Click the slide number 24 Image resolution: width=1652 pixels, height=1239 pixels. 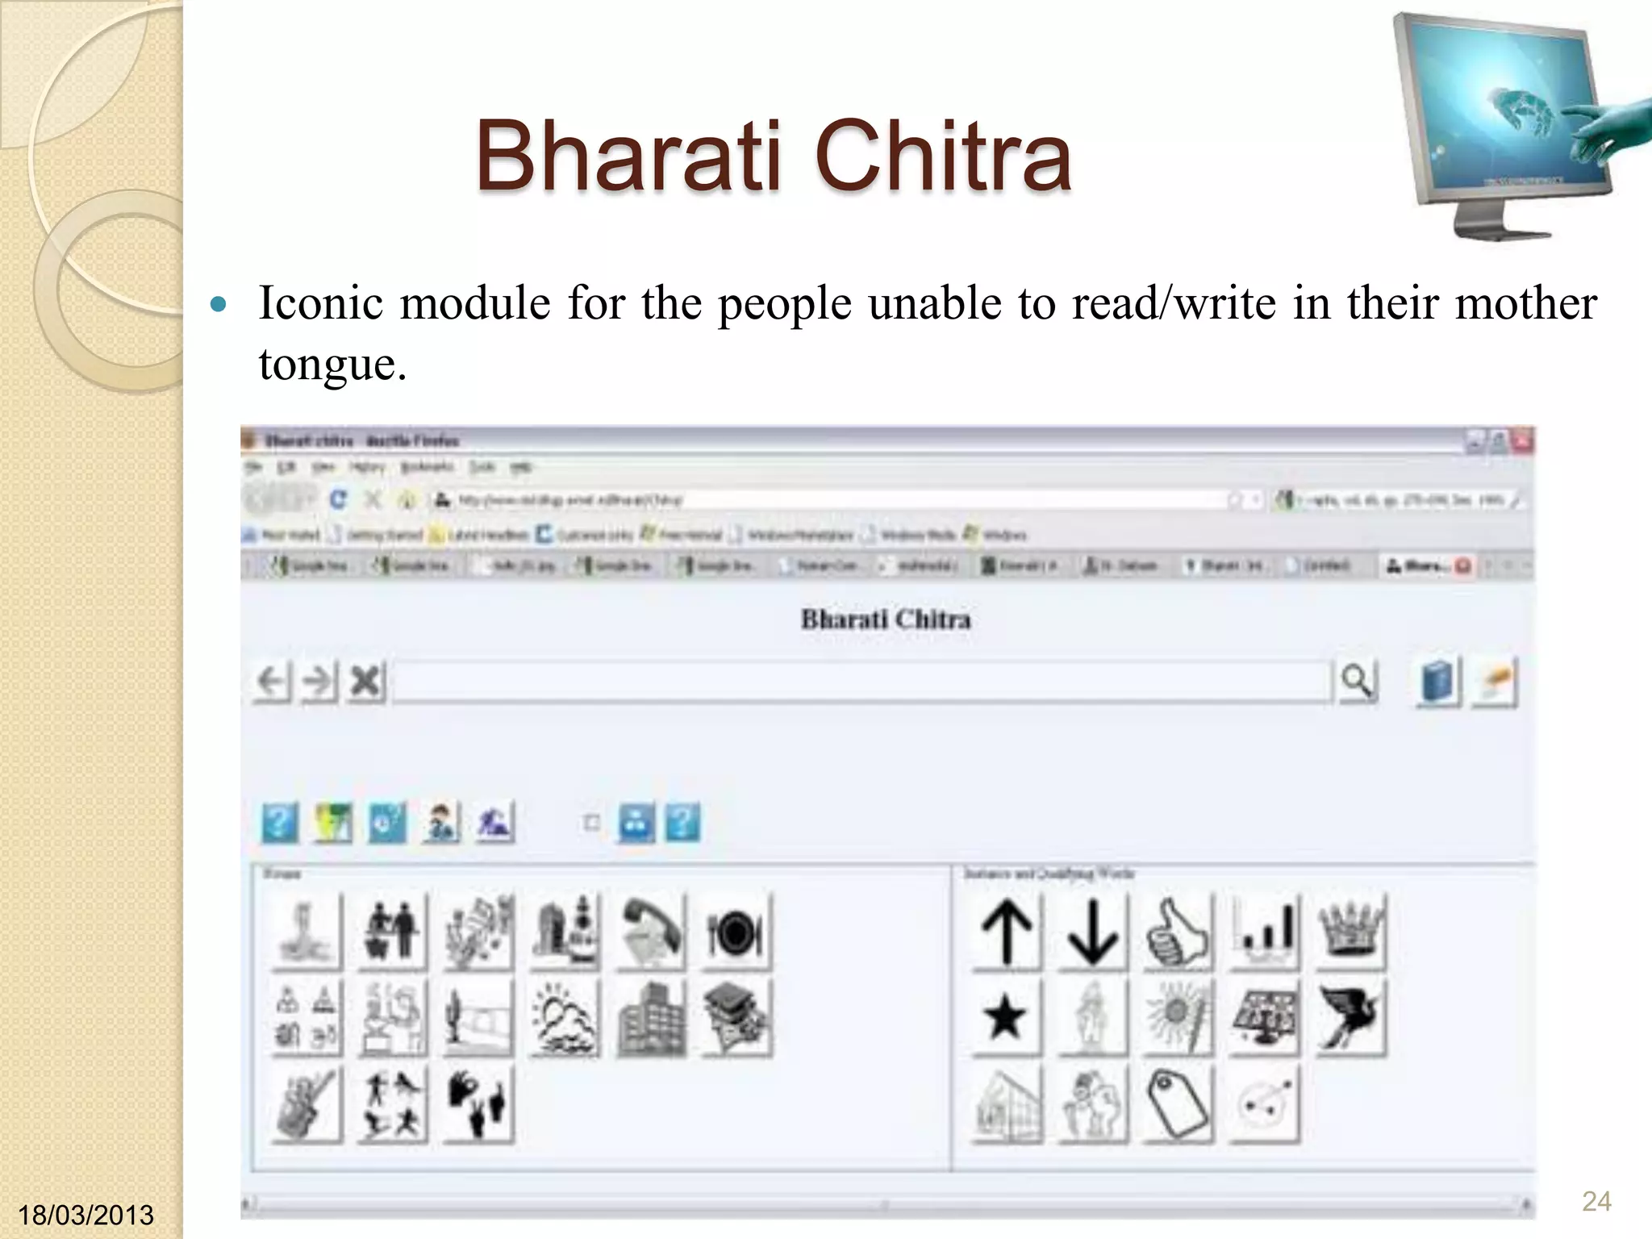1596,1201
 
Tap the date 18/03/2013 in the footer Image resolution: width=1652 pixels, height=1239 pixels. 86,1215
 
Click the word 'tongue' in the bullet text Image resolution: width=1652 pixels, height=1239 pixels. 326,365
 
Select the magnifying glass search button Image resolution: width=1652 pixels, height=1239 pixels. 1357,682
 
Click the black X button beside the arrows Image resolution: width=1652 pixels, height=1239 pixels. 366,682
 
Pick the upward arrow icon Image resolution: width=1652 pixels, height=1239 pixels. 1006,932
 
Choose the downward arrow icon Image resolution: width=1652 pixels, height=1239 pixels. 1092,932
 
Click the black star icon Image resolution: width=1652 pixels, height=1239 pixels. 1005,1017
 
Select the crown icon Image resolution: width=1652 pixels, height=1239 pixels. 1350,932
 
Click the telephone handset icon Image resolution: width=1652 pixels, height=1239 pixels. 651,932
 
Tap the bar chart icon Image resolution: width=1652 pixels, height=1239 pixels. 1264,932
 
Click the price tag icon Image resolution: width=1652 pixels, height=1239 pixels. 1179,1104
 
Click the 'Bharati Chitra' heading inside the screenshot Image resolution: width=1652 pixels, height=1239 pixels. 886,619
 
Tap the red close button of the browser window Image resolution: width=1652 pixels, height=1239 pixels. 1523,440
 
